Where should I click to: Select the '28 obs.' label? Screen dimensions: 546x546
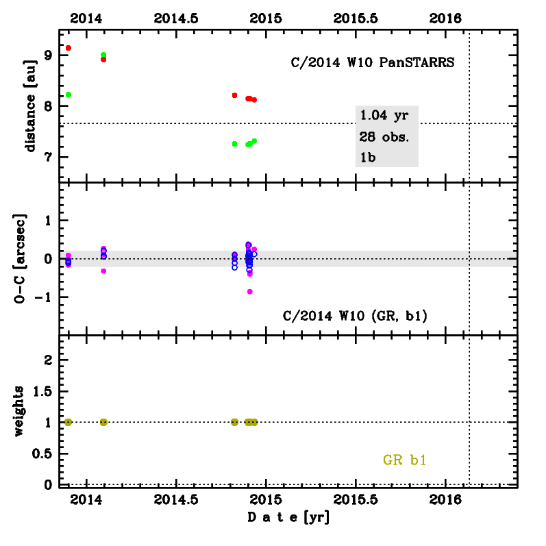click(x=384, y=136)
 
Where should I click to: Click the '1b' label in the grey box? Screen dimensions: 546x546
click(x=367, y=157)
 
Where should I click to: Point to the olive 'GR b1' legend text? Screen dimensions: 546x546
click(x=404, y=460)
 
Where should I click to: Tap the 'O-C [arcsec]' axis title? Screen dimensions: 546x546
click(x=31, y=258)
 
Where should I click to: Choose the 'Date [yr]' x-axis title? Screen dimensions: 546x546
click(x=288, y=517)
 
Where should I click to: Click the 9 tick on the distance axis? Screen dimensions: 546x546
click(x=49, y=55)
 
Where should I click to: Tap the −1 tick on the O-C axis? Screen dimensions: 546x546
click(x=45, y=297)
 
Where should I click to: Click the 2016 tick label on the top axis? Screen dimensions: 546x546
click(x=449, y=19)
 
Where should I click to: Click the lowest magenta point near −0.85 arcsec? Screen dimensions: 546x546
click(x=250, y=292)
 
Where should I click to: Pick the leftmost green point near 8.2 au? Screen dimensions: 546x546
click(x=69, y=95)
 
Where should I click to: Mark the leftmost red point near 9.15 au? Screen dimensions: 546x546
click(x=69, y=48)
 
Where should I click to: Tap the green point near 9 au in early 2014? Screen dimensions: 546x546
click(x=103, y=55)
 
